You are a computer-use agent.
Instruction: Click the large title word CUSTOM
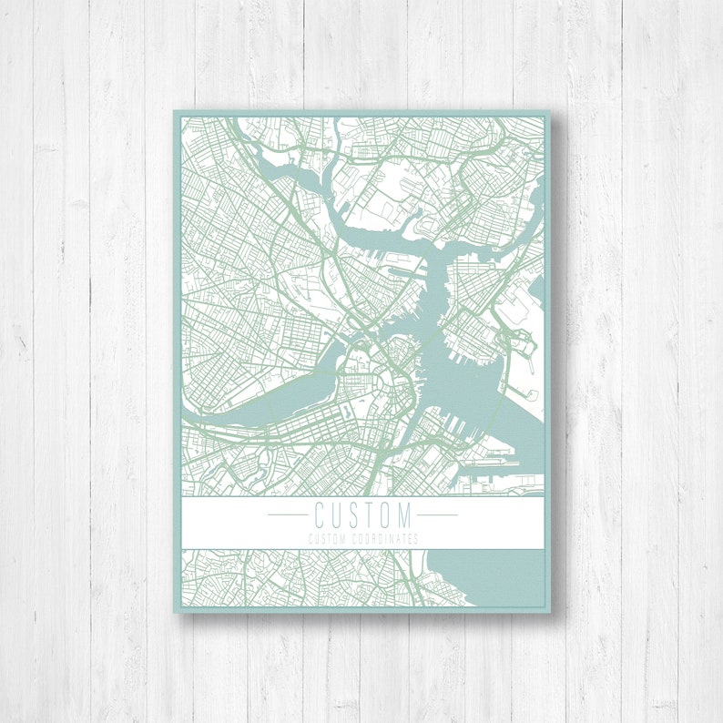362,514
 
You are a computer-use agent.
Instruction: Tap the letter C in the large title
320,514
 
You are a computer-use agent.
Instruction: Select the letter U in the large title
336,514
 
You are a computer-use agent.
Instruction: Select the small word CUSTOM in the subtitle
326,538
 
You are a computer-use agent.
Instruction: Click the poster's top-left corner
175,113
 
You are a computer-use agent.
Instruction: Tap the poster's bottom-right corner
551,611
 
